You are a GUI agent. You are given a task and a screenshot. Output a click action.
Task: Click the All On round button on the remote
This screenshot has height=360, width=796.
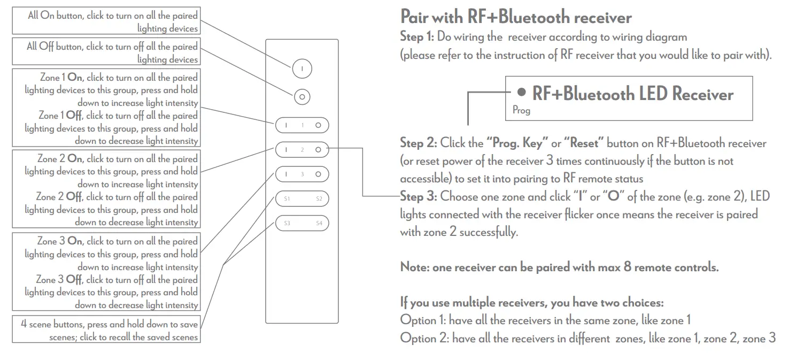[302, 68]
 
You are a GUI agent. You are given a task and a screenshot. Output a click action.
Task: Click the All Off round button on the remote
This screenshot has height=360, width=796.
[302, 97]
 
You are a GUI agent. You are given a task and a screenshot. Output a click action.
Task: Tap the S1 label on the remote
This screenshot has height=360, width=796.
[287, 199]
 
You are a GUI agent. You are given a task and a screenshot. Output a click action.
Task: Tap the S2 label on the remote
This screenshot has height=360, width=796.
[319, 199]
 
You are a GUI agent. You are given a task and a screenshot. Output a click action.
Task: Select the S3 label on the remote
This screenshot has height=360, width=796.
[287, 223]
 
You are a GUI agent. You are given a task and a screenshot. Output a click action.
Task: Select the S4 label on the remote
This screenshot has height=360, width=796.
[319, 223]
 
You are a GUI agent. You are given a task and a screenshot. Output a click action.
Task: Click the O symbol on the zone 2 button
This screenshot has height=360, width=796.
[318, 150]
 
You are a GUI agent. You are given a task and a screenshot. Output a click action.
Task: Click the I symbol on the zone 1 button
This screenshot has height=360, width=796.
[286, 126]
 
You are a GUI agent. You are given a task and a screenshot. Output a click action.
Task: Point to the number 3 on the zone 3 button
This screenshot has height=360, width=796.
[302, 174]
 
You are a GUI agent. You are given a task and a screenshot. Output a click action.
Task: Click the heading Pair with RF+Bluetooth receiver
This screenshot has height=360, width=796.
[516, 17]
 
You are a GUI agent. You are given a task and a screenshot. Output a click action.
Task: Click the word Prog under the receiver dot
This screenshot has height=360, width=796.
[521, 110]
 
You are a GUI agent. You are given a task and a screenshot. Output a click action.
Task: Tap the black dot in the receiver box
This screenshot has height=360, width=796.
[522, 93]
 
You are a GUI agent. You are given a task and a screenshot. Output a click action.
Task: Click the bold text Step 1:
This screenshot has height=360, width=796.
[418, 37]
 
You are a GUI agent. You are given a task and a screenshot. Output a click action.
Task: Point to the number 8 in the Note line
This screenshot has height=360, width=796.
[627, 267]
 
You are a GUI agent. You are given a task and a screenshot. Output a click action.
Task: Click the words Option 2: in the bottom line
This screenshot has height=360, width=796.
[423, 338]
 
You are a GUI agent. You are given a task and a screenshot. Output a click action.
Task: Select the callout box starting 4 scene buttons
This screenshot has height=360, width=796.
[106, 330]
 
